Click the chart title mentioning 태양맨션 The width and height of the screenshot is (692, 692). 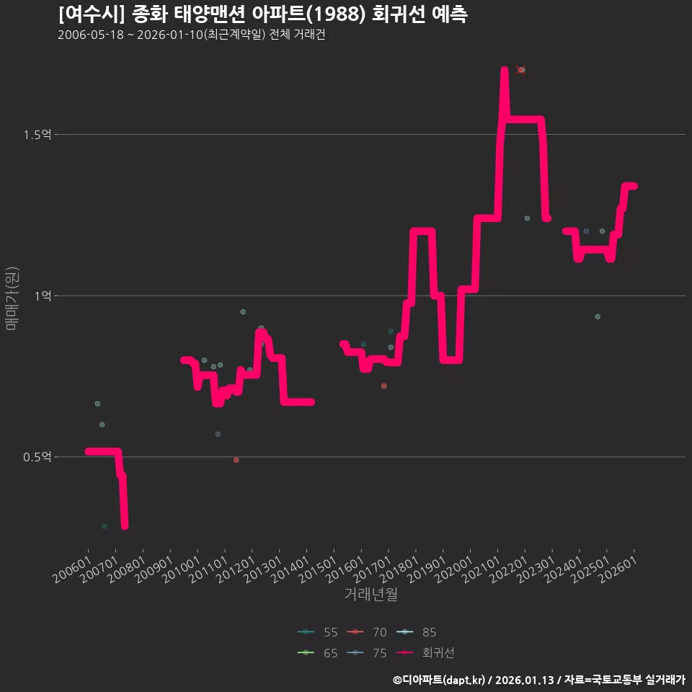(x=263, y=14)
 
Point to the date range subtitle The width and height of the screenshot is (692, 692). (x=192, y=35)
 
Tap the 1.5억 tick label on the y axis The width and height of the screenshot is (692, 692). (x=37, y=135)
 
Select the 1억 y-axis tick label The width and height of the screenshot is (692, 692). (x=43, y=296)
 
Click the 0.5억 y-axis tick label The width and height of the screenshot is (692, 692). (x=37, y=457)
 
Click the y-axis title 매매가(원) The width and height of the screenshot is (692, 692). (x=12, y=298)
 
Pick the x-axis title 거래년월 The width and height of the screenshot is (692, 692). (x=371, y=594)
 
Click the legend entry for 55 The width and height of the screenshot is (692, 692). (x=318, y=632)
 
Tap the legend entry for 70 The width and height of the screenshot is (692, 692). (x=367, y=632)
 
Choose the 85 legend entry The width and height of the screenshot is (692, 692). (x=416, y=632)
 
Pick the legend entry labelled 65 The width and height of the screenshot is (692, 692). (x=318, y=653)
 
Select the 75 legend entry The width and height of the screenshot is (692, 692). (x=367, y=653)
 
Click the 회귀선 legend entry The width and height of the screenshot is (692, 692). (x=425, y=653)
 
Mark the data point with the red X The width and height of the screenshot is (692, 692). (x=520, y=70)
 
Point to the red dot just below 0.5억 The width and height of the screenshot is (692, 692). (x=236, y=461)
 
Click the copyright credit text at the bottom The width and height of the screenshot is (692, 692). (x=539, y=680)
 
